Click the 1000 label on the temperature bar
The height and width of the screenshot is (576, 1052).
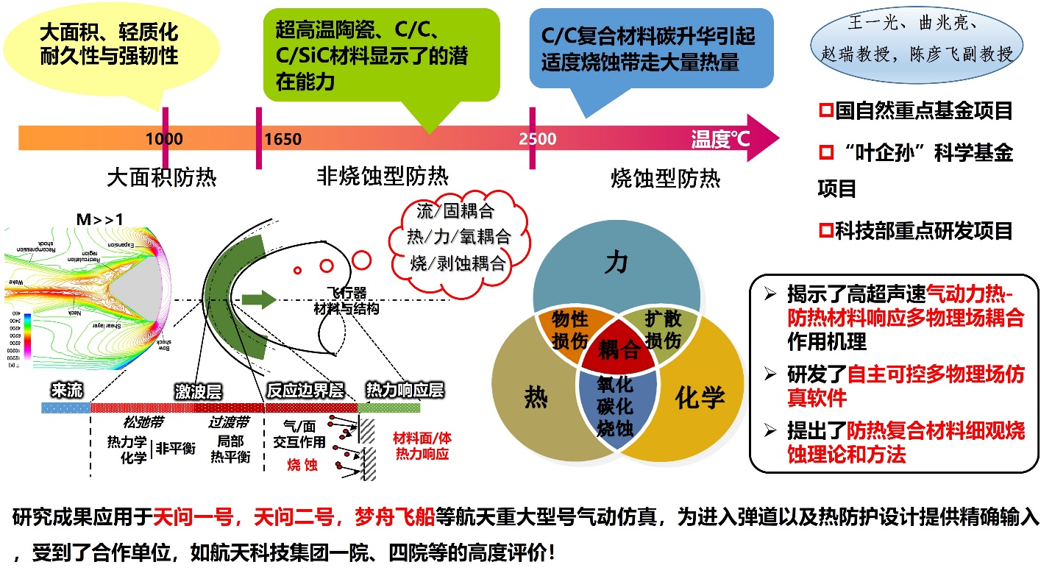click(164, 138)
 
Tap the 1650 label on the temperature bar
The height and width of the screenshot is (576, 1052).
click(282, 138)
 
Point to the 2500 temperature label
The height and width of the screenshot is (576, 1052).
click(537, 138)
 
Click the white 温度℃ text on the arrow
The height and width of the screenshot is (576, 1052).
click(720, 138)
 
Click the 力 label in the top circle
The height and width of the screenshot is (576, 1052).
click(616, 263)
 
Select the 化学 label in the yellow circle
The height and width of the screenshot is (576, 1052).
click(700, 397)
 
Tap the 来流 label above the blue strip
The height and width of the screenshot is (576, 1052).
click(67, 390)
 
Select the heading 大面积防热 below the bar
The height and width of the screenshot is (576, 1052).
click(162, 177)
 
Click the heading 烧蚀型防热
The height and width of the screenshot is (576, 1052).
click(666, 177)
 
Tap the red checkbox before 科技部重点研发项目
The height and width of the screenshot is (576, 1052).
click(825, 230)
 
